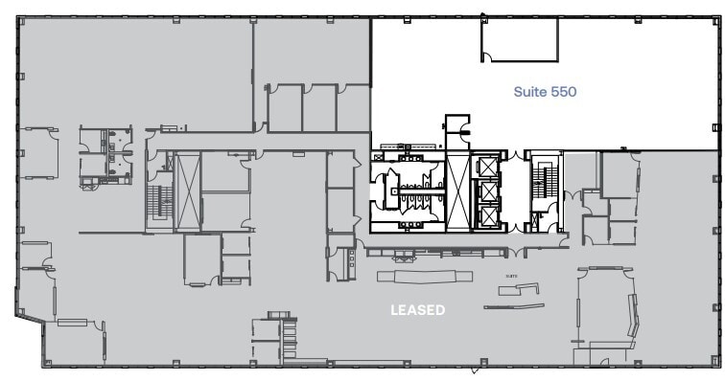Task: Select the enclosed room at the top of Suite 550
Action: (520, 40)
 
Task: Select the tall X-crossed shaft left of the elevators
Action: (456, 191)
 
